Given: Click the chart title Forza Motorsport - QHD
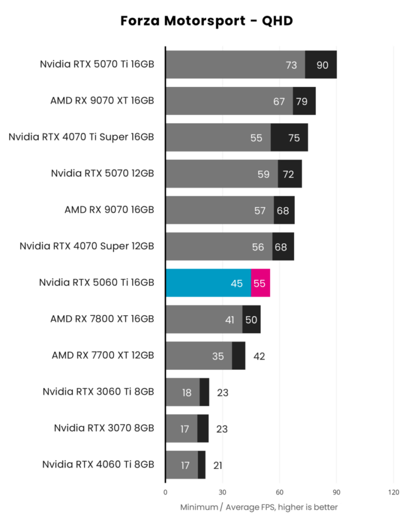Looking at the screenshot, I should [x=207, y=21].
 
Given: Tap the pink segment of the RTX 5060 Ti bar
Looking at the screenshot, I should [x=260, y=283].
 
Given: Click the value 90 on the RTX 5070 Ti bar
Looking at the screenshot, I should [x=323, y=65].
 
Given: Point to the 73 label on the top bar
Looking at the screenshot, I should [x=292, y=65].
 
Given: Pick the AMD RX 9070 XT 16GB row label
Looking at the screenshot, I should [x=102, y=101].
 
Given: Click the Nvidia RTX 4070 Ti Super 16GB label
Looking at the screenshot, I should [x=81, y=137].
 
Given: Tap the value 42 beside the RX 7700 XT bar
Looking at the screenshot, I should [x=259, y=356].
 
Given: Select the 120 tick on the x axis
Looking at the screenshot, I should [x=393, y=492].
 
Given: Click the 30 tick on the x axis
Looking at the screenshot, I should [x=222, y=492].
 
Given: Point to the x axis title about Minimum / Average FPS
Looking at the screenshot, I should [x=259, y=507].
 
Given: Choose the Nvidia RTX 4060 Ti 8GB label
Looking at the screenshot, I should [x=98, y=464].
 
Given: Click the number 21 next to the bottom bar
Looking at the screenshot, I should [x=218, y=465].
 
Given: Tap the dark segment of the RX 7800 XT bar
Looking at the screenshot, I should [x=252, y=319].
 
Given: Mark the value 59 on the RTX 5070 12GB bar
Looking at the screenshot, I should [x=264, y=174].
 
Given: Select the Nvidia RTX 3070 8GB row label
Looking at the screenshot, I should [x=104, y=428].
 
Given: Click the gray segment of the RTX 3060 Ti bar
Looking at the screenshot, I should [x=182, y=392].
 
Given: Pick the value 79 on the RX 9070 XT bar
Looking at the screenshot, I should [x=301, y=101].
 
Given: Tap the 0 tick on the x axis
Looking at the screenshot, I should [x=165, y=492].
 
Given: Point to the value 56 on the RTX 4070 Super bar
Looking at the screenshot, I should [x=258, y=247].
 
